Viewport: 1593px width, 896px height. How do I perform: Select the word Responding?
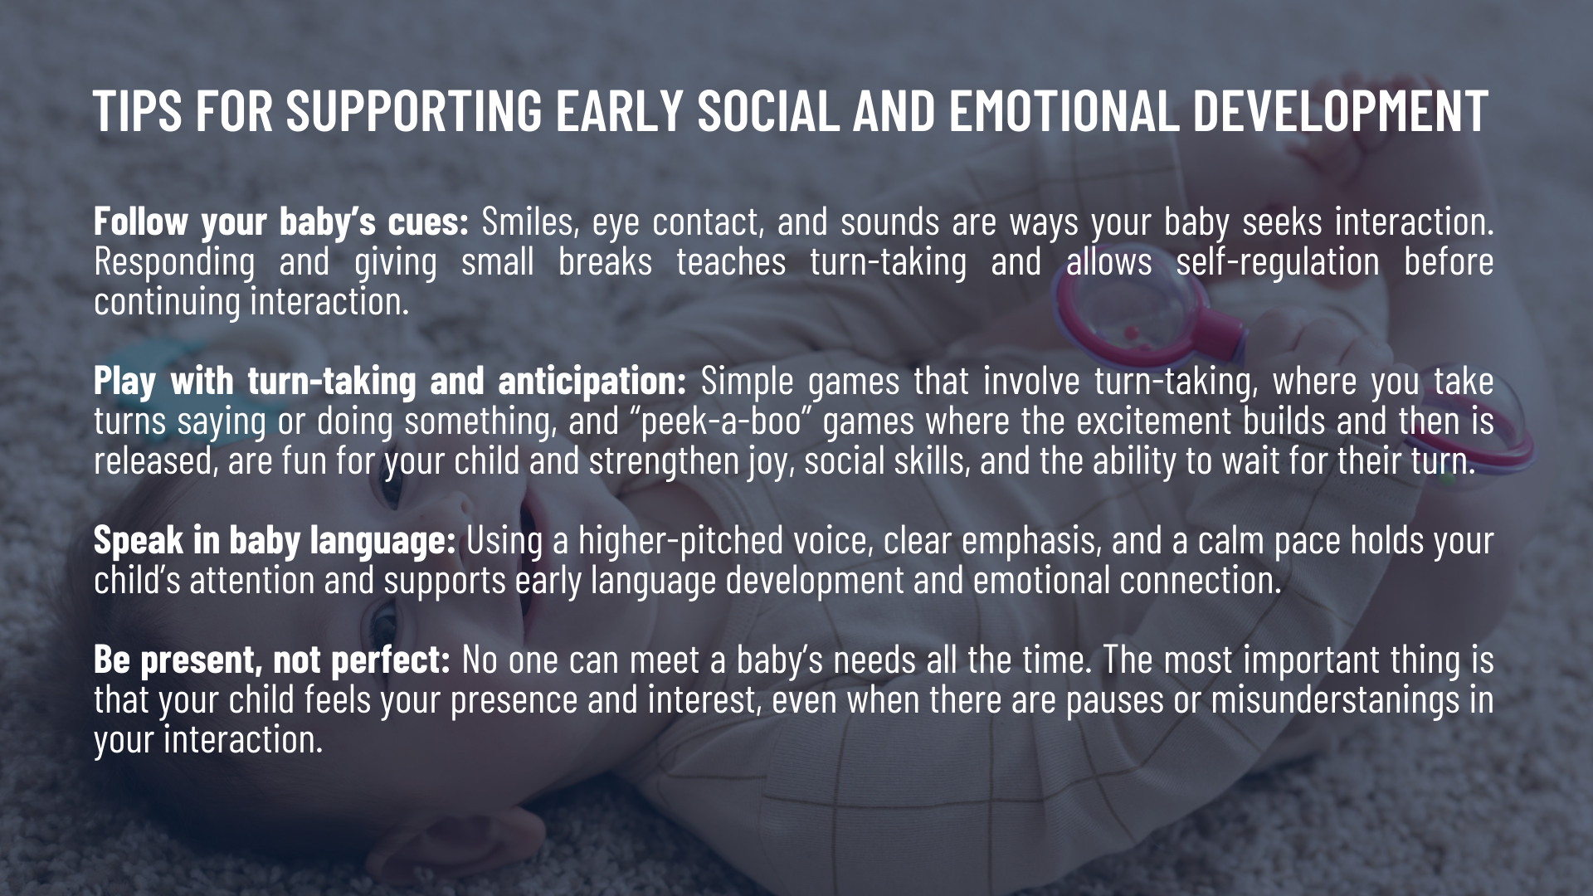174,262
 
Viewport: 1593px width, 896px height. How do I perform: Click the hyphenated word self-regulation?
1278,262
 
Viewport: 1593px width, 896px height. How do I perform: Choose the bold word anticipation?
592,382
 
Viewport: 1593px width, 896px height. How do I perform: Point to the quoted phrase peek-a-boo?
719,421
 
